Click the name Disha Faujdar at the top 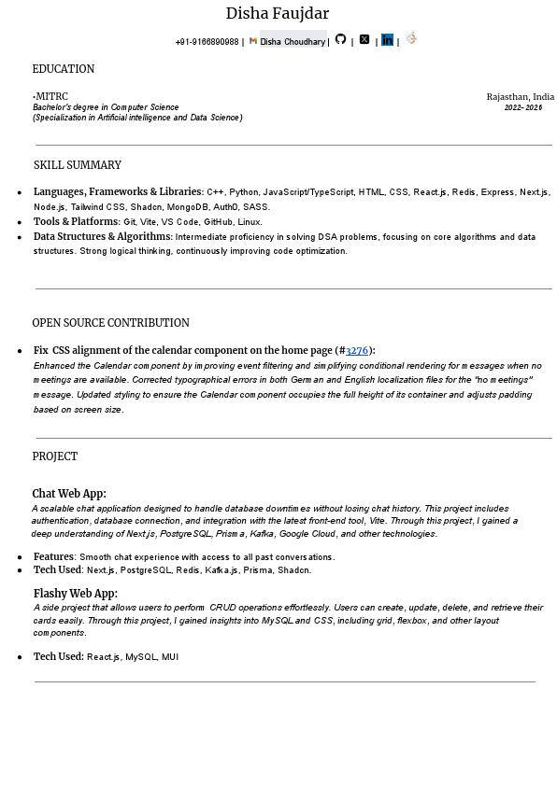[277, 13]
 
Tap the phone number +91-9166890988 [207, 42]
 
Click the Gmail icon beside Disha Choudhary [253, 41]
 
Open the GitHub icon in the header [340, 39]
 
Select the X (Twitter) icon [364, 40]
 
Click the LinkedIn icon [387, 40]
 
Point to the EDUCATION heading [64, 69]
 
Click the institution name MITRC [52, 96]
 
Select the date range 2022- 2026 [523, 107]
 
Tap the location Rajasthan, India [520, 96]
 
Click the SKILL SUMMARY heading [78, 165]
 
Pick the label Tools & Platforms [76, 221]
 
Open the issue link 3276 [356, 351]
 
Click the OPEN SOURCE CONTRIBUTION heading [110, 323]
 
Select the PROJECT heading [54, 456]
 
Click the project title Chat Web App [68, 494]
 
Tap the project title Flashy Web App [75, 594]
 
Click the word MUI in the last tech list [169, 657]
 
